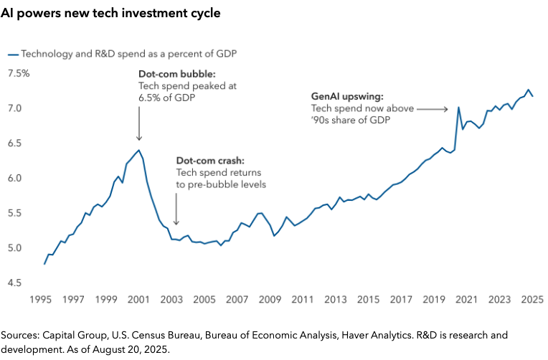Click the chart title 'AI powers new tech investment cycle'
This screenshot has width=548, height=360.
(x=110, y=14)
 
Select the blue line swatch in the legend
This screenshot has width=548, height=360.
(x=12, y=55)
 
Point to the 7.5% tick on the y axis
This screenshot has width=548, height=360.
(x=19, y=73)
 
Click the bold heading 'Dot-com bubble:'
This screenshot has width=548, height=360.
(x=171, y=74)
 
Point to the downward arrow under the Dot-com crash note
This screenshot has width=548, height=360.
(x=176, y=215)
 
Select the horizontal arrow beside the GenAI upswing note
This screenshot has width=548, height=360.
(x=431, y=109)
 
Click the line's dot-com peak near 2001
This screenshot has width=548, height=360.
(x=138, y=150)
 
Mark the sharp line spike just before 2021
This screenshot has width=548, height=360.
(x=458, y=108)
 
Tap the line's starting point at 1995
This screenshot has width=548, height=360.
(x=44, y=264)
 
